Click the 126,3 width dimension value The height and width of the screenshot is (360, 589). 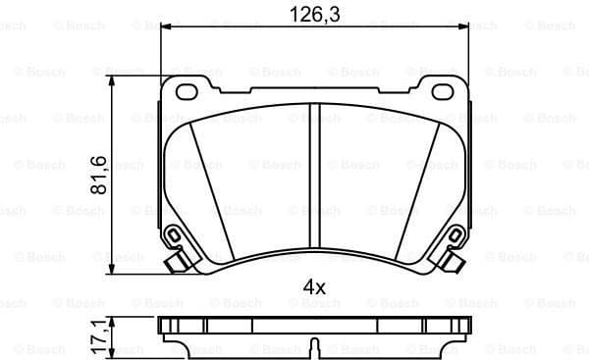312,14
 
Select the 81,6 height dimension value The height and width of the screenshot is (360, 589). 98,173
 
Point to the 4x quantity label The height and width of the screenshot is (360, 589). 313,287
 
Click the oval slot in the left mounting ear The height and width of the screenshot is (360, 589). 186,93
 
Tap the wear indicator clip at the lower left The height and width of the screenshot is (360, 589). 174,237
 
